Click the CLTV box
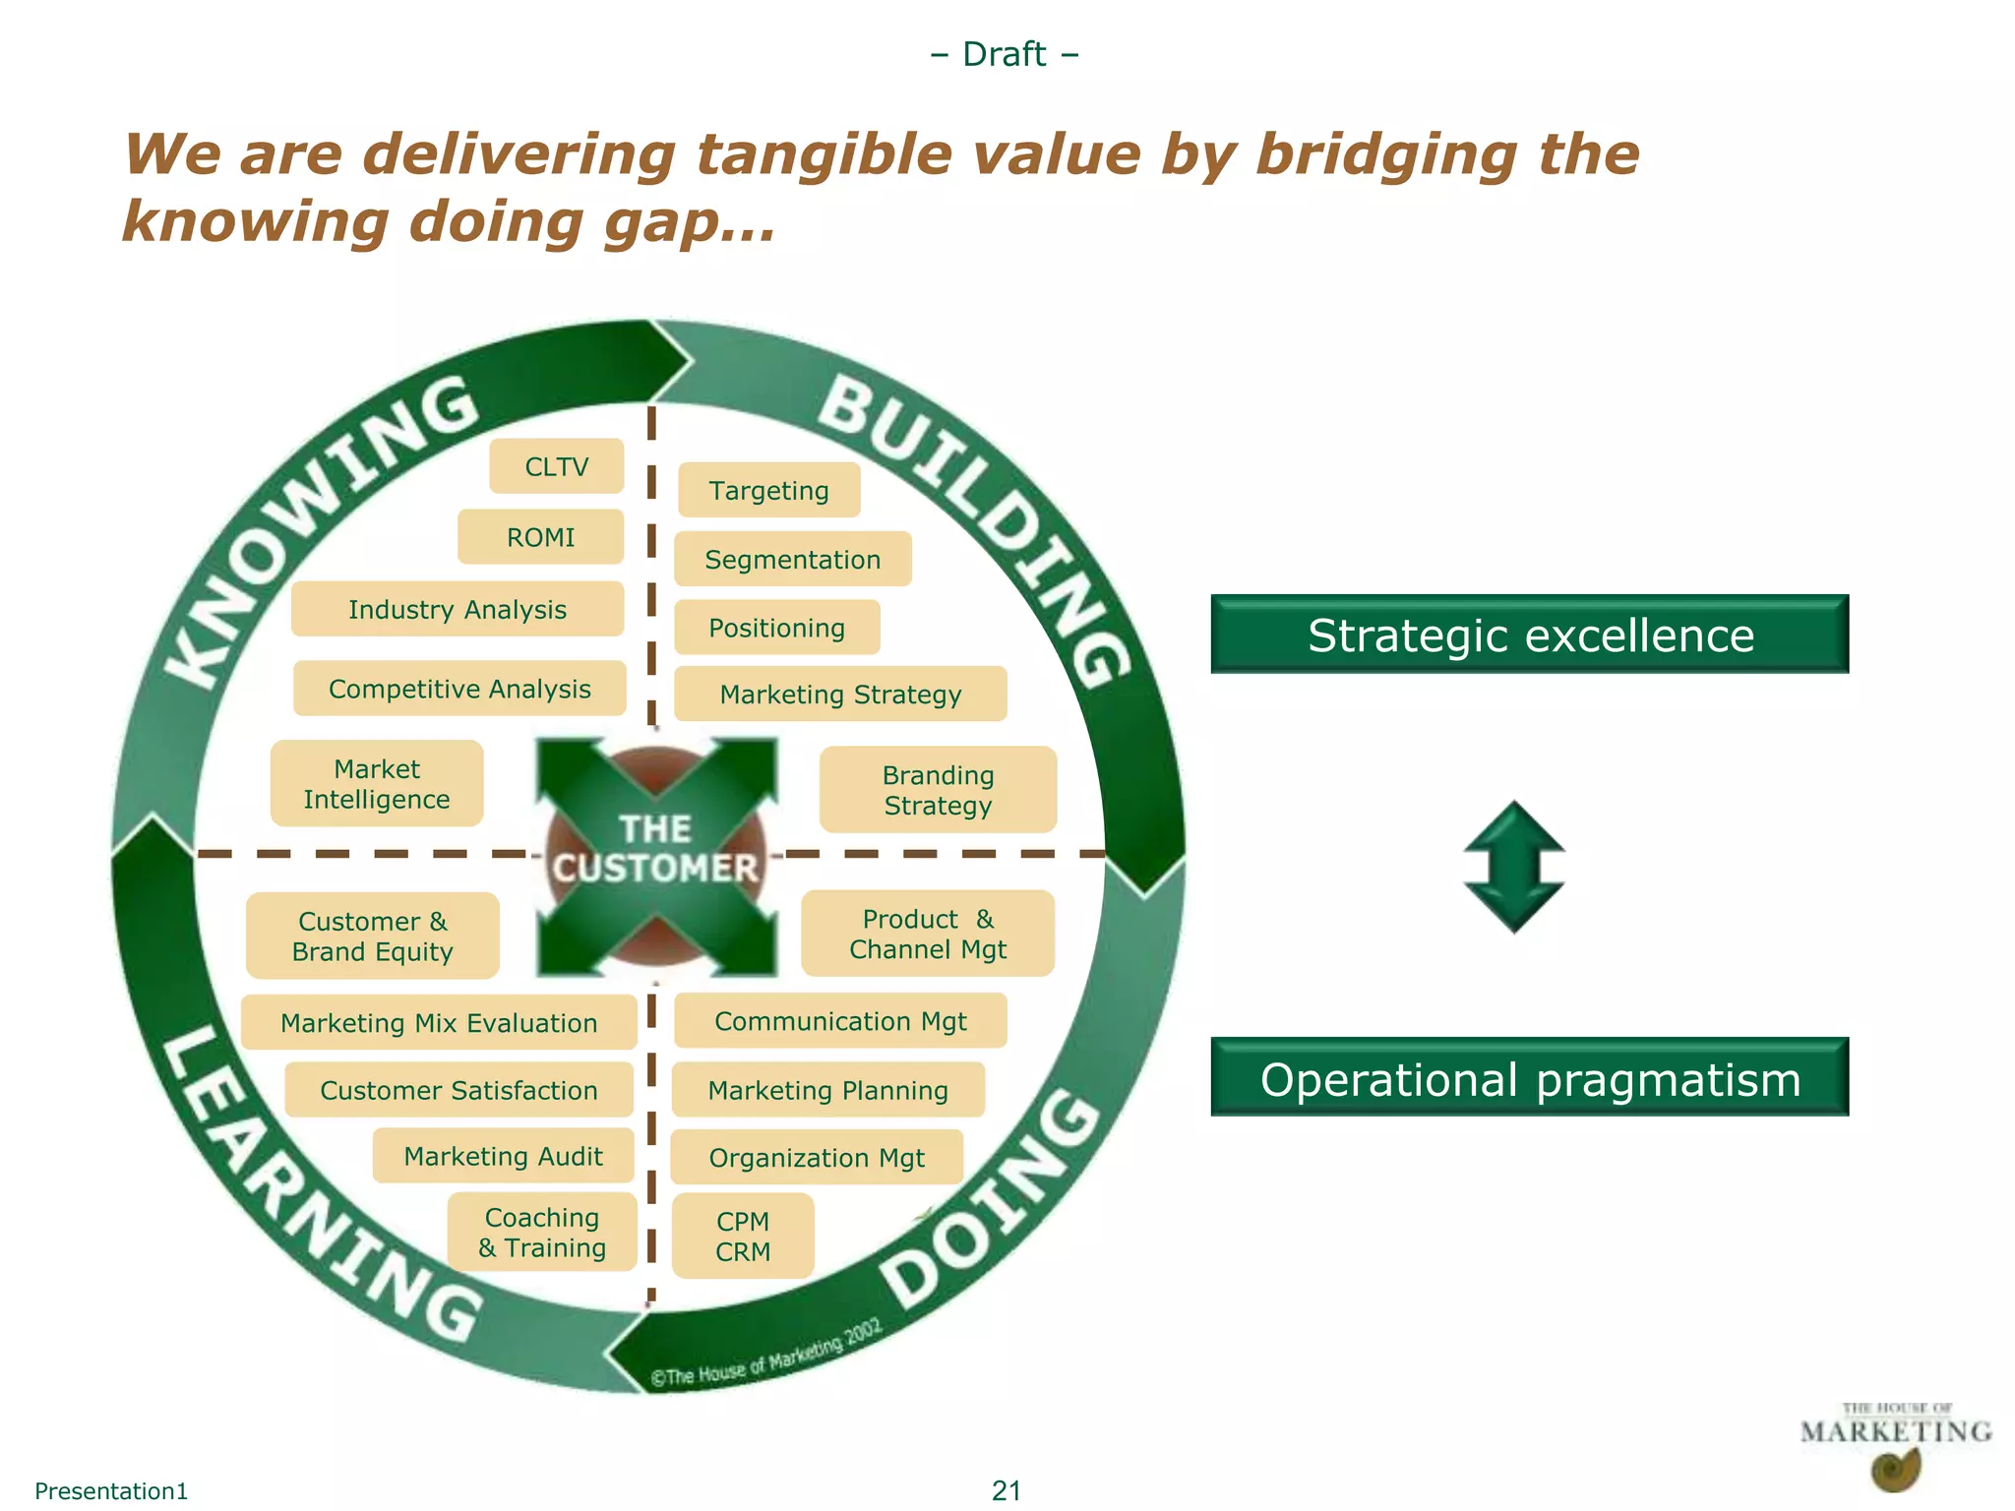pyautogui.click(x=557, y=466)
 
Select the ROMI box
pyautogui.click(x=540, y=537)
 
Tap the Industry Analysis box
pyautogui.click(x=458, y=610)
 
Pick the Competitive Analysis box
pyautogui.click(x=459, y=689)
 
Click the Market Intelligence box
pyautogui.click(x=377, y=784)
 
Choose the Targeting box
pyautogui.click(x=768, y=490)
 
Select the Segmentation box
pyautogui.click(x=792, y=560)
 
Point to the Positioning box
pyautogui.click(x=776, y=628)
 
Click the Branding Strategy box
pyautogui.click(x=938, y=790)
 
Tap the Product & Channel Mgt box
pyautogui.click(x=928, y=934)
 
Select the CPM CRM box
pyautogui.click(x=743, y=1237)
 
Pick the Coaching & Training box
pyautogui.click(x=542, y=1233)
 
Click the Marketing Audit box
pyautogui.click(x=503, y=1157)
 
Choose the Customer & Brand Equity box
pyautogui.click(x=373, y=937)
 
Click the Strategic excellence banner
pyautogui.click(x=1530, y=635)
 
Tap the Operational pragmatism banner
pyautogui.click(x=1530, y=1078)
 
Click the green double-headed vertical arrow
pyautogui.click(x=1514, y=867)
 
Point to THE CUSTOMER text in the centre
pyautogui.click(x=655, y=849)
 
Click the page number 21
pyautogui.click(x=1006, y=1490)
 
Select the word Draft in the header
pyautogui.click(x=1004, y=54)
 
